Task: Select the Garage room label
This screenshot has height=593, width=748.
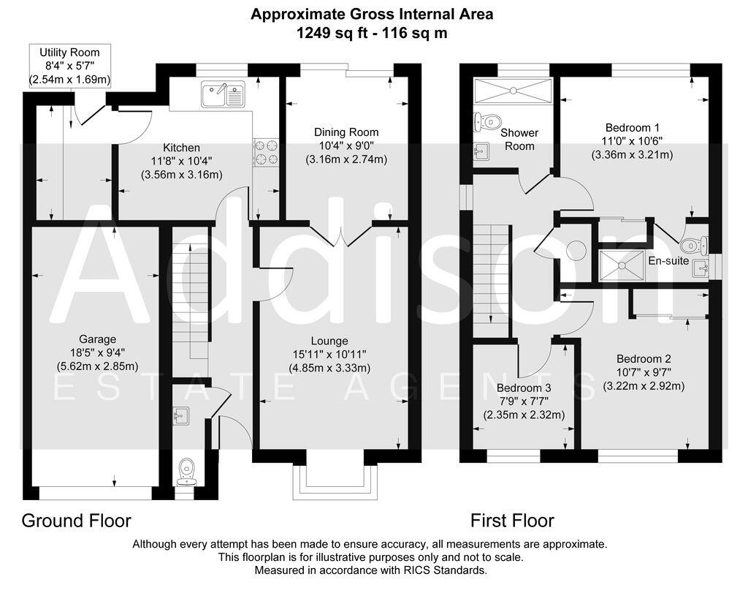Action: [x=98, y=339]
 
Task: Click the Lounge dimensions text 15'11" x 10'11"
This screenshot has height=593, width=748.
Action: [x=329, y=355]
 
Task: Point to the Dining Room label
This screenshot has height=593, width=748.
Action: [x=346, y=132]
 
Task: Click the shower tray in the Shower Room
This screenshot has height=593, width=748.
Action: [x=514, y=91]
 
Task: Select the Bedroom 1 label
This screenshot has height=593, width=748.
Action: [x=632, y=126]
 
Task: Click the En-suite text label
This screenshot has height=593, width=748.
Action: [x=668, y=260]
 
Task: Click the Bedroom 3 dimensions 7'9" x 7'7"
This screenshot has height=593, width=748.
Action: [x=522, y=401]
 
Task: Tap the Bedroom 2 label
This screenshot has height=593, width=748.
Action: [x=643, y=359]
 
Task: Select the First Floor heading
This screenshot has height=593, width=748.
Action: [x=511, y=521]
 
